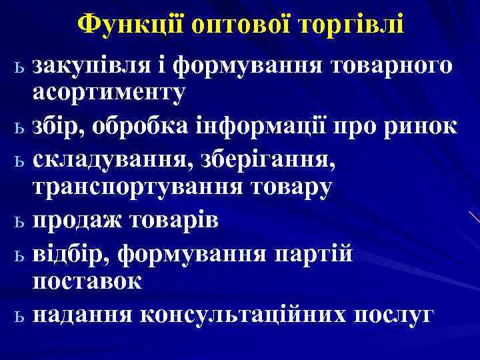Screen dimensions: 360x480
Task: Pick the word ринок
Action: (424, 125)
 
